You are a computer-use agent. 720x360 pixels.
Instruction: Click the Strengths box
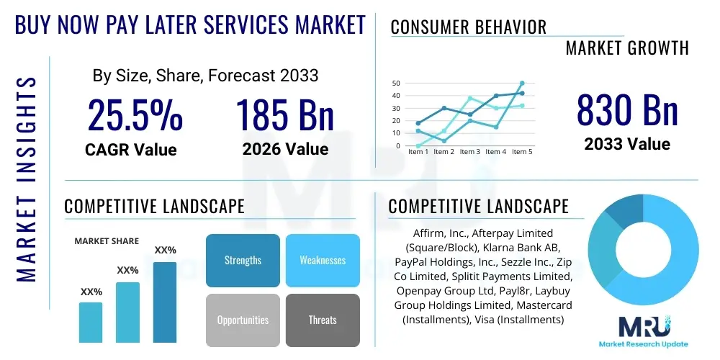coord(243,260)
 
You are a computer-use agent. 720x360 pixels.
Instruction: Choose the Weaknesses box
coord(323,260)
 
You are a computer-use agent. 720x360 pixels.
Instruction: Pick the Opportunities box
coord(243,320)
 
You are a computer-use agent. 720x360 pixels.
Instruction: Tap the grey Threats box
coord(323,320)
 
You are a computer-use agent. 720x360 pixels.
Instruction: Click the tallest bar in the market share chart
coord(165,302)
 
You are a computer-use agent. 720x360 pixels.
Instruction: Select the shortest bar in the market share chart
coord(91,322)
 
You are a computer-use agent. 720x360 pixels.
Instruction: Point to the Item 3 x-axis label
coord(469,152)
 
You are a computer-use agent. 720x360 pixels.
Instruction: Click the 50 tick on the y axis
coord(395,84)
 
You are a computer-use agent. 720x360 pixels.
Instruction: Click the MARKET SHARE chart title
coord(107,241)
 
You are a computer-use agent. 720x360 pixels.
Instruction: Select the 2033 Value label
coord(627,144)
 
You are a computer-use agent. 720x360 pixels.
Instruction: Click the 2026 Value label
coord(285,149)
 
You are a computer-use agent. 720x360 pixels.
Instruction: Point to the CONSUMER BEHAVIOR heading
coord(468,27)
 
